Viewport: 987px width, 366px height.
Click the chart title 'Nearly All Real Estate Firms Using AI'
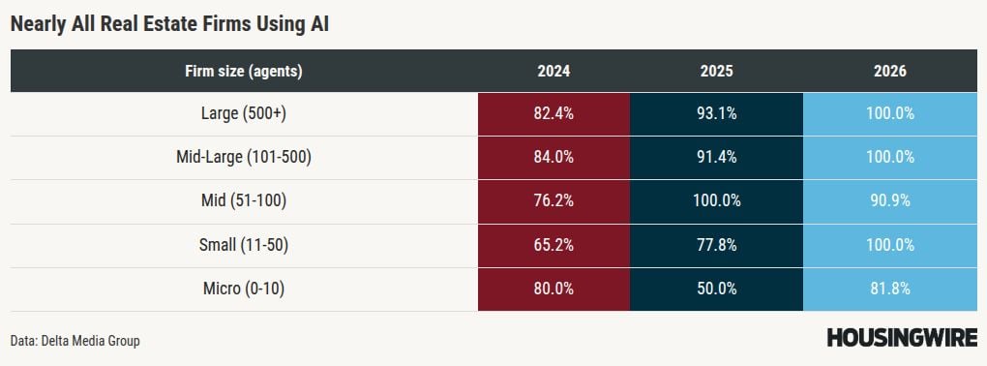click(x=169, y=24)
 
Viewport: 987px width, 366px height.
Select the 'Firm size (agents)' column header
click(x=244, y=72)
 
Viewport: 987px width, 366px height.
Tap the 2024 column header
click(x=553, y=72)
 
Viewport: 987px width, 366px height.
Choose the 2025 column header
click(x=716, y=72)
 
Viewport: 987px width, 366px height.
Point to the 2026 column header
click(x=890, y=72)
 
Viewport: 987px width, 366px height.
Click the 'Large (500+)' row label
click(x=244, y=114)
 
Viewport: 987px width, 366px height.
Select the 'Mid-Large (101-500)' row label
click(x=244, y=158)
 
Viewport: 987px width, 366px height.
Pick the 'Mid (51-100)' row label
click(x=244, y=201)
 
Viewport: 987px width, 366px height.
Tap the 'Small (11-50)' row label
click(x=244, y=245)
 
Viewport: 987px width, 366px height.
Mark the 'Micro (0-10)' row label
click(x=244, y=290)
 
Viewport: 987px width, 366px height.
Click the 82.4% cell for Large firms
click(x=553, y=114)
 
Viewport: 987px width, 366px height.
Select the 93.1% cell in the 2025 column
click(x=716, y=114)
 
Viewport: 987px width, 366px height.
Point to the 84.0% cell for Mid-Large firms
click(x=553, y=158)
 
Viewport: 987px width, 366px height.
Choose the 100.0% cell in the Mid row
click(x=716, y=201)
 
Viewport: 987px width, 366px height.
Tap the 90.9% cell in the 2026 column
click(x=890, y=201)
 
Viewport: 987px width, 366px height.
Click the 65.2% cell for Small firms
click(x=553, y=245)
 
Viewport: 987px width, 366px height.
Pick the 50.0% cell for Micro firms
click(x=716, y=290)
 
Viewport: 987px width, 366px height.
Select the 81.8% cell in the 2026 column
click(x=890, y=290)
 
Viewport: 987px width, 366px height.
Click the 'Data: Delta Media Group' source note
click(x=75, y=341)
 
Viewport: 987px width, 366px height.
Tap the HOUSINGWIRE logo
click(x=902, y=338)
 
